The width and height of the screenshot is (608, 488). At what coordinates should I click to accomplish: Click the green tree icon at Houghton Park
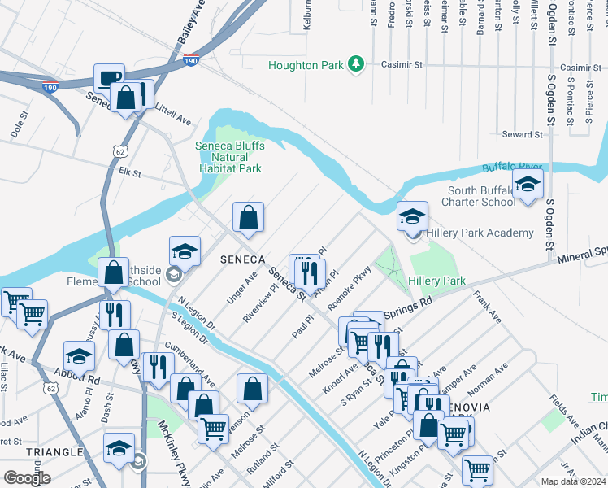pyautogui.click(x=355, y=63)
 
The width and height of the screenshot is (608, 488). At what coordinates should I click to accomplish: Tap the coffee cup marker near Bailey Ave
pyautogui.click(x=109, y=79)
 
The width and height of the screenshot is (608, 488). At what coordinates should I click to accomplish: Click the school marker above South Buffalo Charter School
pyautogui.click(x=527, y=185)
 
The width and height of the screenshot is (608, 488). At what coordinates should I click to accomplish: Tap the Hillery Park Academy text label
pyautogui.click(x=480, y=233)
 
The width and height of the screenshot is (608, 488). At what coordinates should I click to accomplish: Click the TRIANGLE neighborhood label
pyautogui.click(x=54, y=451)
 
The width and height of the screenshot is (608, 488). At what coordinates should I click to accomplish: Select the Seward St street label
pyautogui.click(x=522, y=134)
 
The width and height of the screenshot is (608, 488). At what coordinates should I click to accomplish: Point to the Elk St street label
pyautogui.click(x=130, y=173)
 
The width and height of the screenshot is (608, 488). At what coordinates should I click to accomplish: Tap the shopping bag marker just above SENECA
pyautogui.click(x=248, y=217)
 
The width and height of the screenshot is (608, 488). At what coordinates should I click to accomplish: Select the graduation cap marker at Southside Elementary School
pyautogui.click(x=185, y=251)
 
